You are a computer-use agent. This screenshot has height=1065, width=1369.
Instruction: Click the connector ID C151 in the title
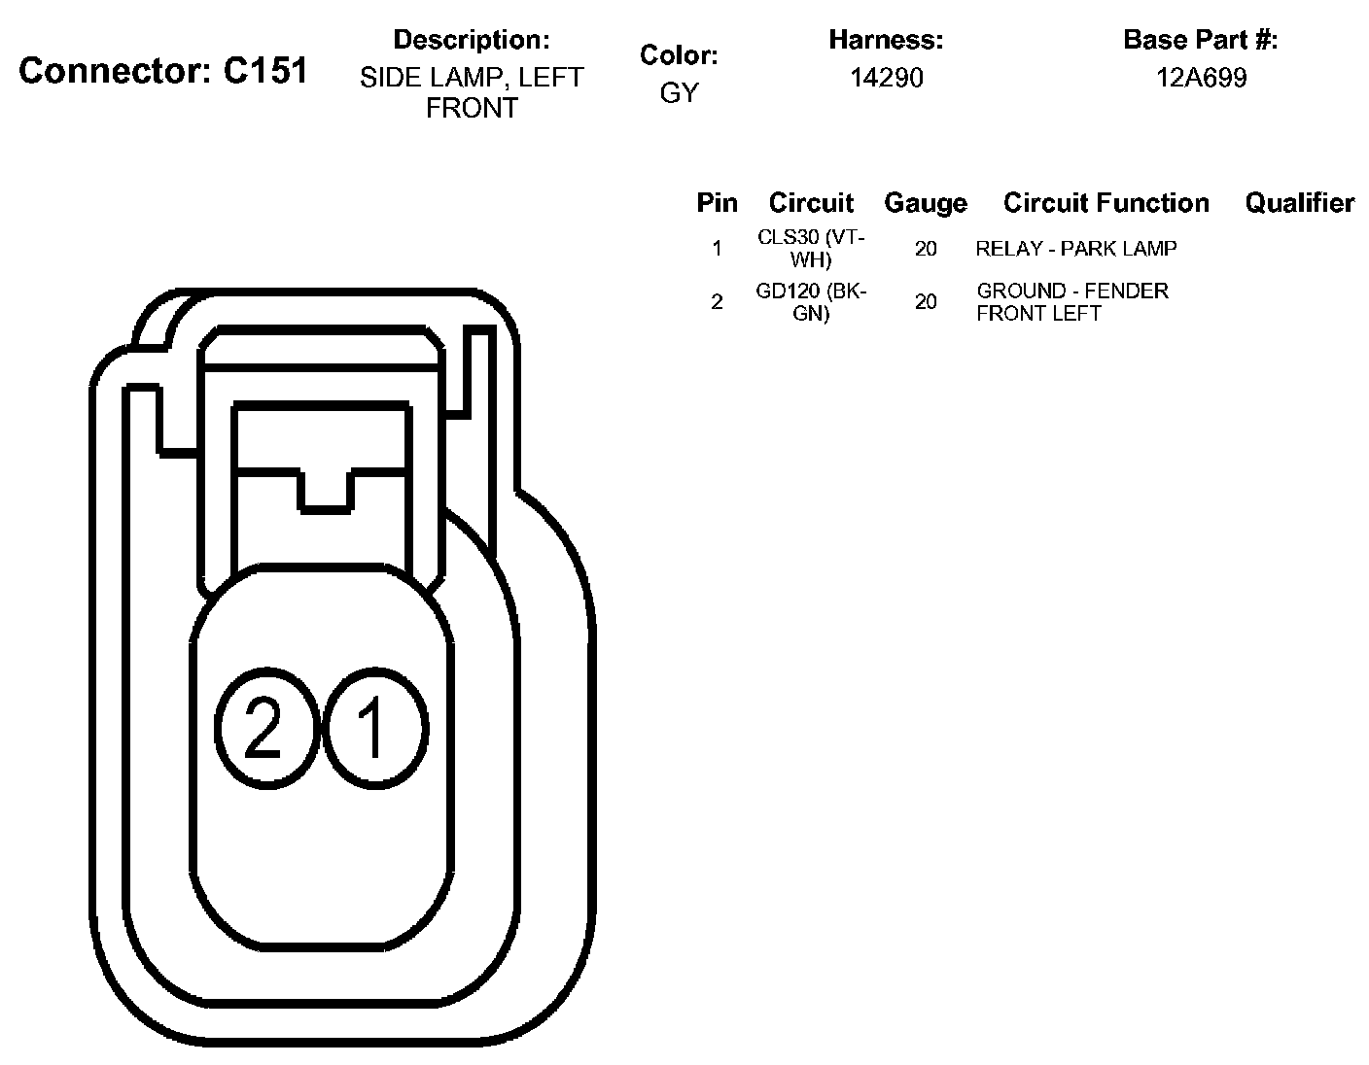coord(265,70)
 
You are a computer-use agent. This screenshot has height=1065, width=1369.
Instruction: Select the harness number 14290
coord(886,78)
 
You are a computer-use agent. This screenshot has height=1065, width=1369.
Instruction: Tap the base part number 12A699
coord(1201,78)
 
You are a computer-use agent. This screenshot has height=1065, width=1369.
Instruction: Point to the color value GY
coord(679,92)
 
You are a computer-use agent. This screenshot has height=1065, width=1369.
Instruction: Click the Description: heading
coord(472,40)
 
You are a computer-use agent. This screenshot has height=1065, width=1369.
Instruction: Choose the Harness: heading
coord(886,40)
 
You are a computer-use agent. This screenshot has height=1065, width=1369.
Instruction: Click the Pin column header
coord(717,203)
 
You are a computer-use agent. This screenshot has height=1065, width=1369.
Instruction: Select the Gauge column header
coord(926,203)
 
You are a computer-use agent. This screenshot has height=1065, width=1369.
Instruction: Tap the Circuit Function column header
coord(1106,203)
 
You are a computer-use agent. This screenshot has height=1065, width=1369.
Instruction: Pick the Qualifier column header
coord(1300,203)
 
